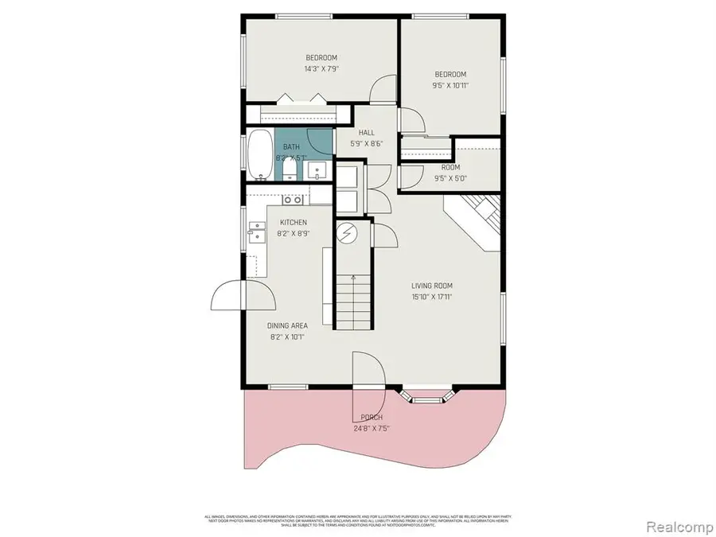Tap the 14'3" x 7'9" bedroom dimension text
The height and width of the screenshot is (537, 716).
point(321,69)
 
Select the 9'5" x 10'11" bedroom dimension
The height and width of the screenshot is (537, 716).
point(449,86)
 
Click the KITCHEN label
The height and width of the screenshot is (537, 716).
point(293,223)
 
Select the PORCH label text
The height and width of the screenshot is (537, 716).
point(372,418)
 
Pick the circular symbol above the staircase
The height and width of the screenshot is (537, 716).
point(347,233)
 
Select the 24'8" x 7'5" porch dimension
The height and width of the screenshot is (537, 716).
point(372,428)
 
